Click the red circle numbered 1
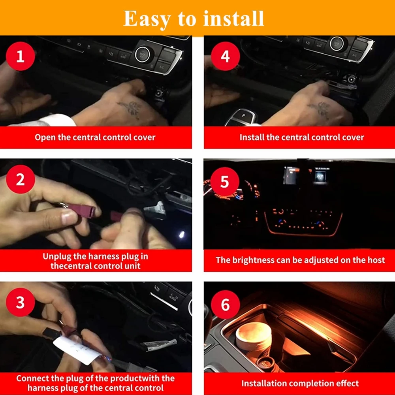(21, 56)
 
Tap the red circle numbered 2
(21, 179)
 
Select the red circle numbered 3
(21, 302)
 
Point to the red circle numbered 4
(226, 56)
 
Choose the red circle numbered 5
(225, 182)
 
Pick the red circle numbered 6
(226, 305)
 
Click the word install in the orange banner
(233, 19)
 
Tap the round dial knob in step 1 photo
(143, 55)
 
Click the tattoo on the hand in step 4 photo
(320, 109)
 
